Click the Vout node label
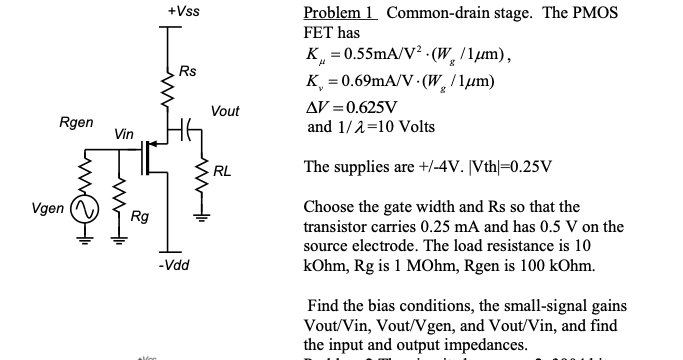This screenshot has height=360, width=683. click(x=225, y=111)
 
